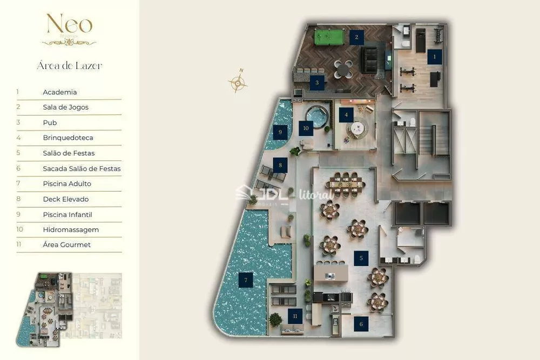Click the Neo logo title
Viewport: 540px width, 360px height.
tap(69, 25)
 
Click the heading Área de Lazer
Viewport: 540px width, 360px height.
tap(69, 66)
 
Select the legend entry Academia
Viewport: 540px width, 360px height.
tap(60, 92)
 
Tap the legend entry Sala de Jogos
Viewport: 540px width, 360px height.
tap(65, 107)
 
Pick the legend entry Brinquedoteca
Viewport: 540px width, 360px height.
tap(68, 138)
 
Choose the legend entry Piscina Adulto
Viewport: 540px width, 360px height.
tap(67, 184)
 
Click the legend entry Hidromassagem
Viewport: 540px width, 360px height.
tap(71, 230)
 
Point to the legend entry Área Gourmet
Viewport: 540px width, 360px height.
tap(66, 245)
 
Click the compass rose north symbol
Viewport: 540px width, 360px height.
tap(238, 82)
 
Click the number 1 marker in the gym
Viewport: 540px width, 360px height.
tap(434, 56)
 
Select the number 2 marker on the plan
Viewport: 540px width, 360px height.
tap(356, 37)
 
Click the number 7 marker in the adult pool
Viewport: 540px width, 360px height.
tap(246, 280)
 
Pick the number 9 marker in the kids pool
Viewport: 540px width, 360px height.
tap(280, 131)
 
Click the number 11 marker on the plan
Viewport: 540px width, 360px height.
tap(295, 316)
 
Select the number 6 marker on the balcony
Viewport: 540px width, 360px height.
tap(361, 324)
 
